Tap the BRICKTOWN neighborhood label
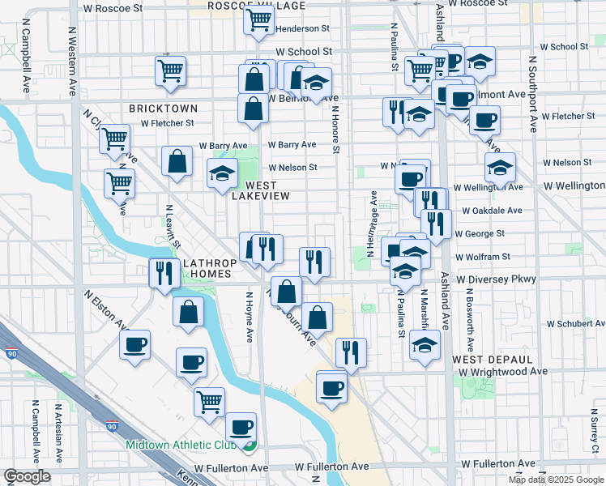[163, 108]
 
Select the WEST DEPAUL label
[493, 359]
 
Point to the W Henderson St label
[302, 28]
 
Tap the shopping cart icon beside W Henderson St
[258, 20]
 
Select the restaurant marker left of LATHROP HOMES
[164, 273]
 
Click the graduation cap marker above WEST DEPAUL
[425, 345]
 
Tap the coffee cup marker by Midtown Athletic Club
[241, 426]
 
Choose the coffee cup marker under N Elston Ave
[135, 345]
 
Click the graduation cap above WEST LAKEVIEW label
[222, 173]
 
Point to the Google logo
[27, 476]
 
